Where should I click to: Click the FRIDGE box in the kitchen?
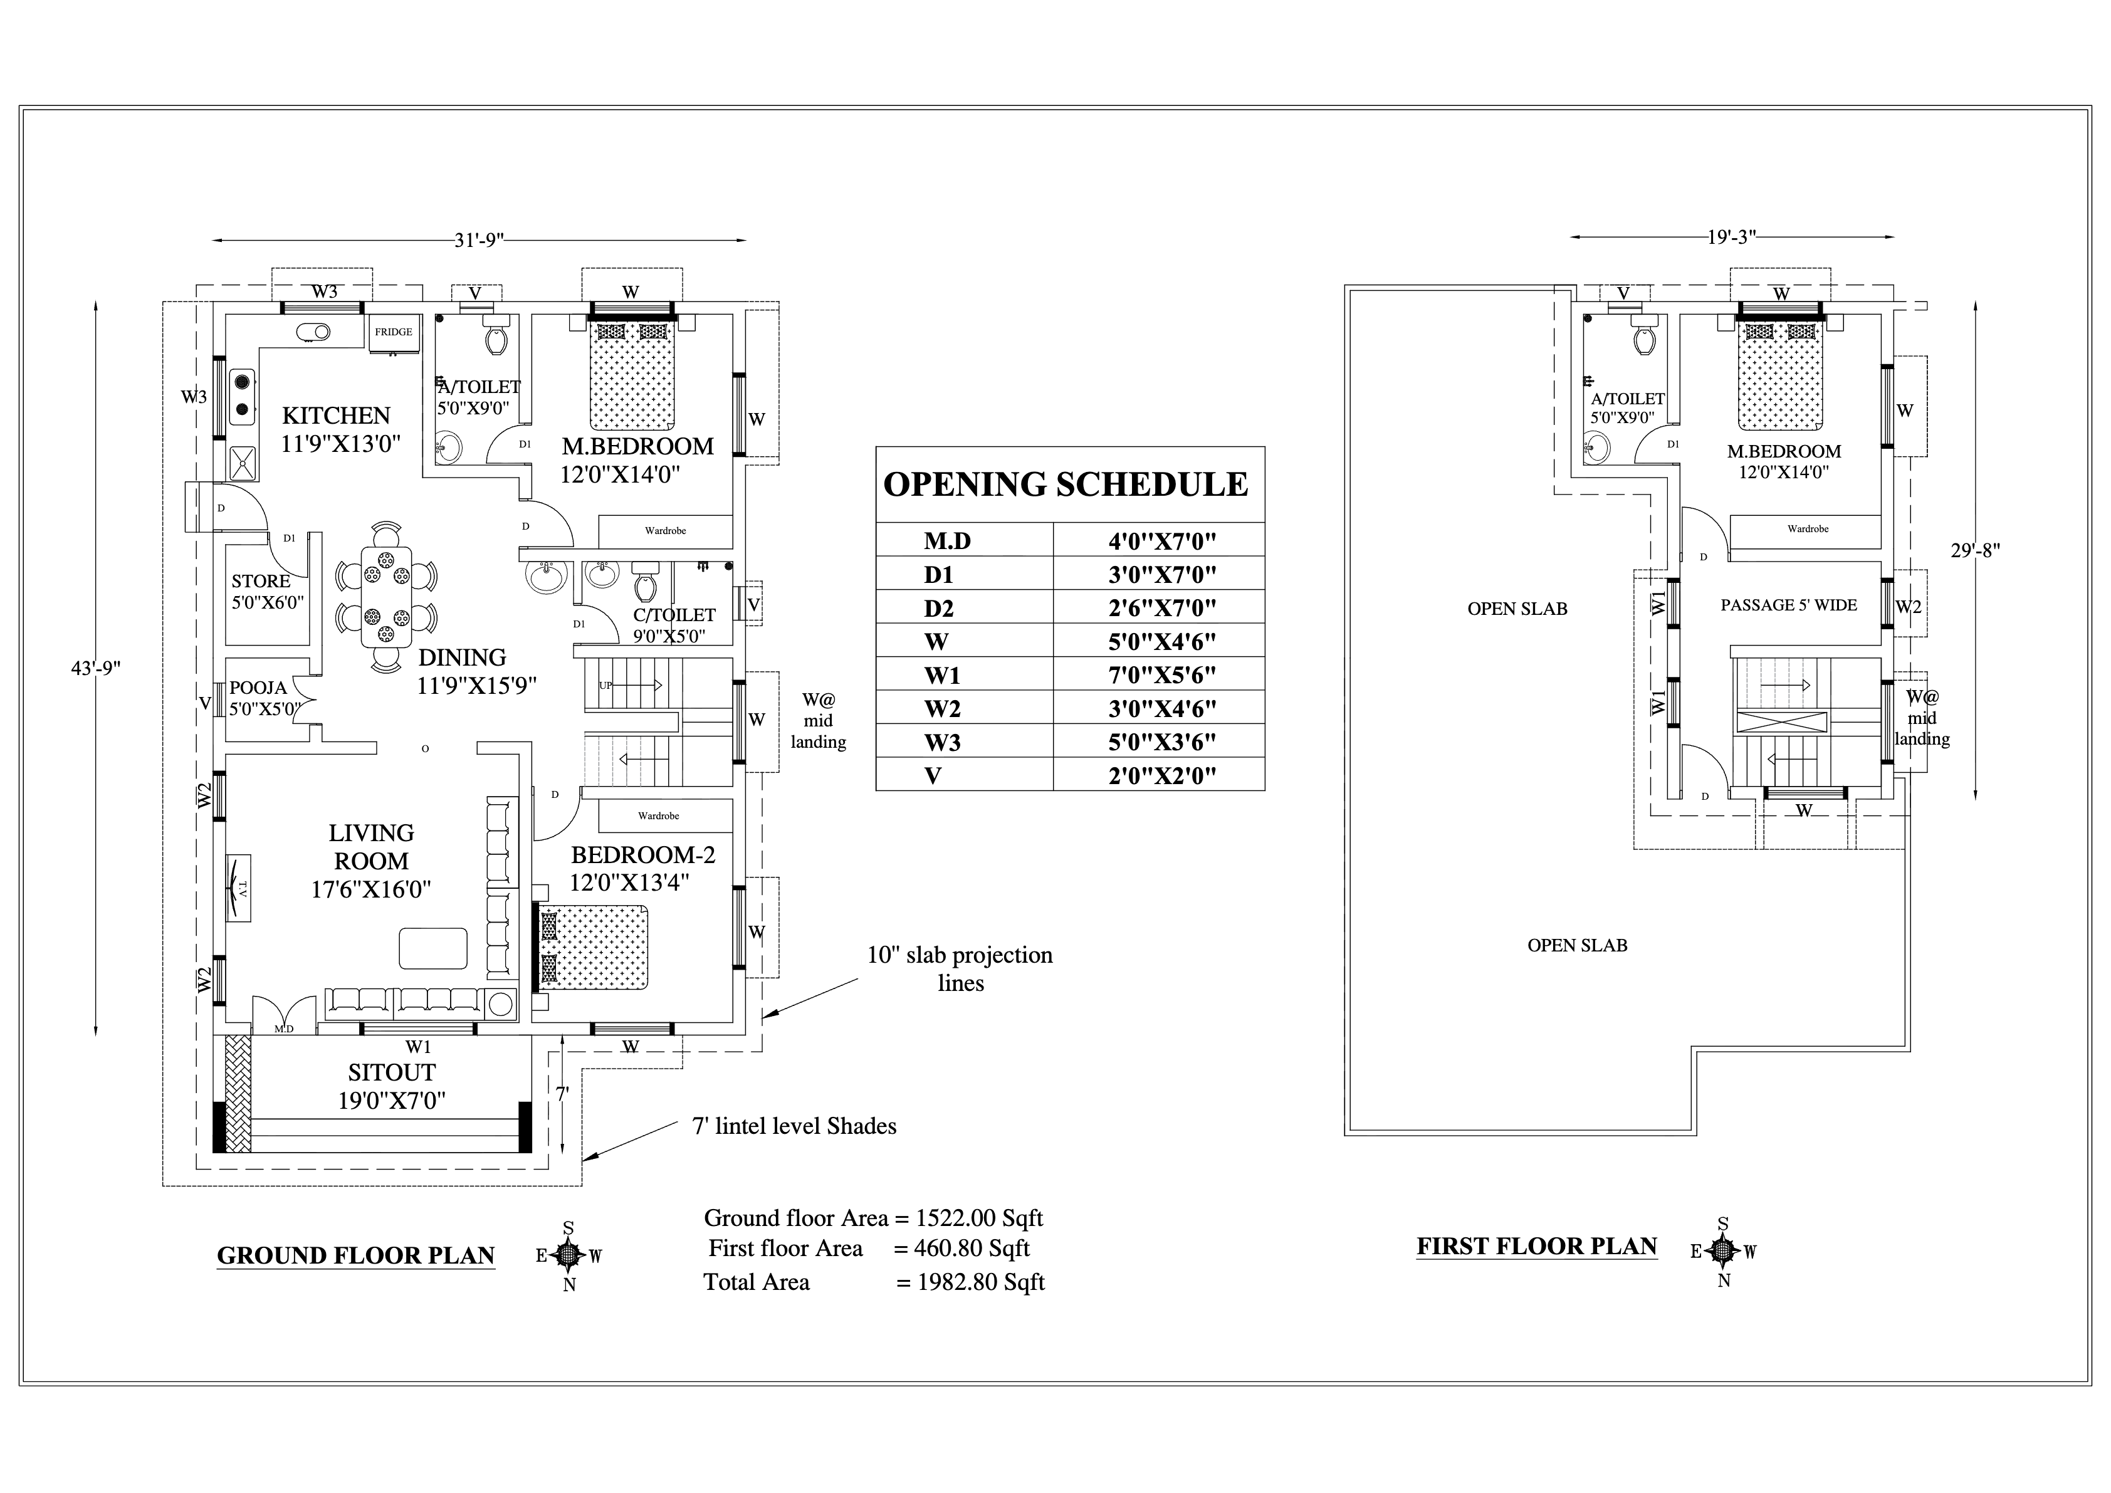point(394,332)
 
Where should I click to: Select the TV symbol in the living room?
point(238,888)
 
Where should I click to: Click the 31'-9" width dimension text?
point(479,240)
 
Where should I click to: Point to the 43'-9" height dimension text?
point(96,668)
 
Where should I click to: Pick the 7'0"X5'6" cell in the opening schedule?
point(1161,675)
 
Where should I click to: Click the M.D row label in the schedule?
point(947,540)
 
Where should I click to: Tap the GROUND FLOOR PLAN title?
point(356,1256)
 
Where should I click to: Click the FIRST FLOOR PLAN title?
point(1536,1247)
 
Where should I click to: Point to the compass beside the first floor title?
point(1723,1251)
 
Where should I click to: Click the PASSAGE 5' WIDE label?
point(1788,605)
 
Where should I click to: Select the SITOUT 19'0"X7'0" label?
point(392,1086)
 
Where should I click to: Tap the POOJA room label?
point(258,688)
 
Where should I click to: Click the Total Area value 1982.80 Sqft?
point(980,1282)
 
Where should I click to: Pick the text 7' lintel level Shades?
point(794,1126)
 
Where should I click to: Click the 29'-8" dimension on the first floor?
point(1975,551)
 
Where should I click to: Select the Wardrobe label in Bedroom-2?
point(658,815)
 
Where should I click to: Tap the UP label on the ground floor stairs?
point(605,686)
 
